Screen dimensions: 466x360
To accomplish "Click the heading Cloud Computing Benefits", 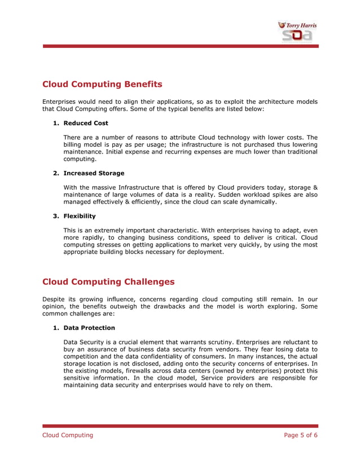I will point(102,85).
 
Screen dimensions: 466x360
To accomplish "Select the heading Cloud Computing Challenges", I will point(108,282).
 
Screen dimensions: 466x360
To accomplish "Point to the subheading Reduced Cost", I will point(86,123).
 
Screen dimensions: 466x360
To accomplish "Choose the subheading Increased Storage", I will point(94,173).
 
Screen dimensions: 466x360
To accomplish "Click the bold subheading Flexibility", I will point(80,216).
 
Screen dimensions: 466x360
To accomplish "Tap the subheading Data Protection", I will point(89,328).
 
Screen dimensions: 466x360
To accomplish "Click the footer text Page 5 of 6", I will point(300,435).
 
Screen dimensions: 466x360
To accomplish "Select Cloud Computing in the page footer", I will point(68,435).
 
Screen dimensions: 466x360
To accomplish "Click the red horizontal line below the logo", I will point(180,46).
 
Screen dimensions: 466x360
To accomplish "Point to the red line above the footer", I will point(180,426).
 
